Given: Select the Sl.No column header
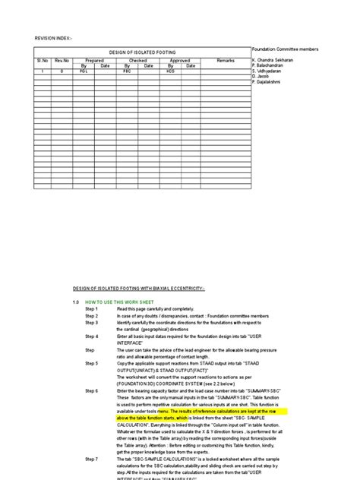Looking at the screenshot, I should point(42,59).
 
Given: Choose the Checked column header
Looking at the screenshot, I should point(137,59).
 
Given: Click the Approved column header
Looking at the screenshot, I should point(180,59).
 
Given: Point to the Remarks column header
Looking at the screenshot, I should point(226,59).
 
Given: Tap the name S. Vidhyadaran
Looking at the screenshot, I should point(269,71).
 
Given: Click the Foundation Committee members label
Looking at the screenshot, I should point(285,48).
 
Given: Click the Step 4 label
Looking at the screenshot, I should point(92,335).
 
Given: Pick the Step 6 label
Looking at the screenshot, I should point(92,390).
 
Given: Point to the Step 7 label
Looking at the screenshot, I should point(92,459).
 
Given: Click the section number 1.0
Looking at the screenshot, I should point(76,302).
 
